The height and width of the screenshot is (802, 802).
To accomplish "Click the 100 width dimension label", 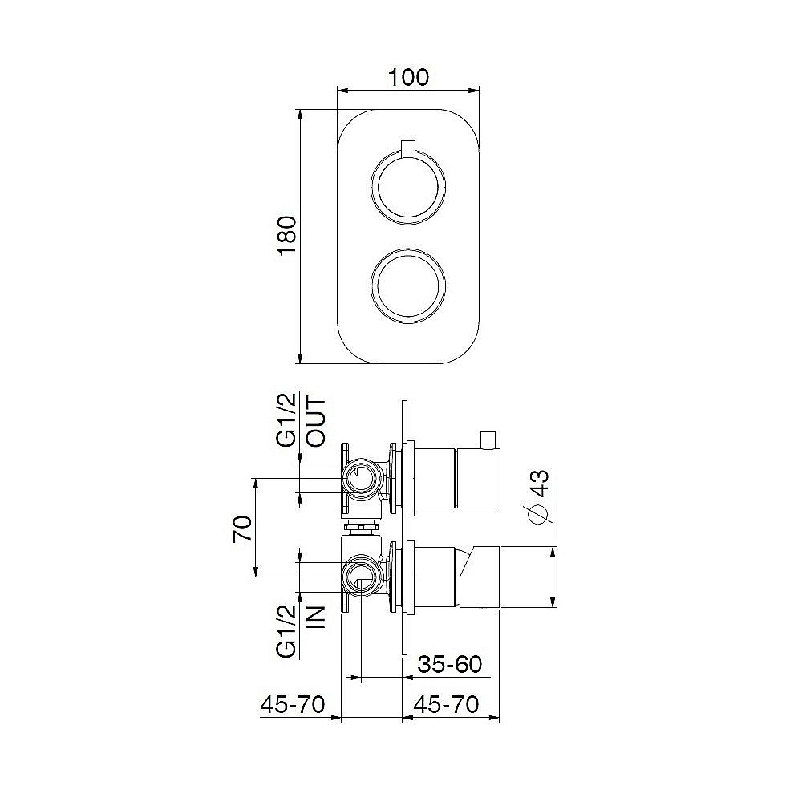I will [409, 77].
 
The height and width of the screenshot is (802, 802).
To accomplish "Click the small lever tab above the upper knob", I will [408, 149].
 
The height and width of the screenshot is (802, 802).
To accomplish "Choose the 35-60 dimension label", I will [450, 665].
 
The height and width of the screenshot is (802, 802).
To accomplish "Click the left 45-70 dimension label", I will [292, 704].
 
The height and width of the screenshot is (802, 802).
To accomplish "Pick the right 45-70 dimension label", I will [446, 704].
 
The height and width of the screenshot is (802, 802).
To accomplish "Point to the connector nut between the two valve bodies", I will [361, 528].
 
